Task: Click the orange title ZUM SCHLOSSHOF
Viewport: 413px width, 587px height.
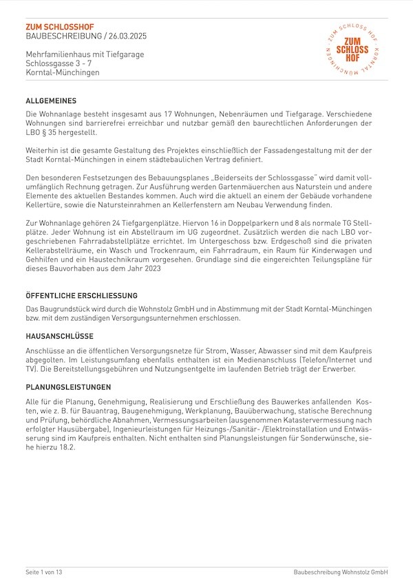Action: point(60,26)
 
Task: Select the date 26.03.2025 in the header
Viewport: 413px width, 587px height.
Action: point(128,36)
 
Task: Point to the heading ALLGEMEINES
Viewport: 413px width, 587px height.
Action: point(56,100)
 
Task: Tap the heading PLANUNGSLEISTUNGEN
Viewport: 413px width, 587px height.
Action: point(68,387)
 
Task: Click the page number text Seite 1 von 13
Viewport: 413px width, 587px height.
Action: point(44,572)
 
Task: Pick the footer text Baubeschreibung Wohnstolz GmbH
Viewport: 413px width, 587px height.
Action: point(340,572)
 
